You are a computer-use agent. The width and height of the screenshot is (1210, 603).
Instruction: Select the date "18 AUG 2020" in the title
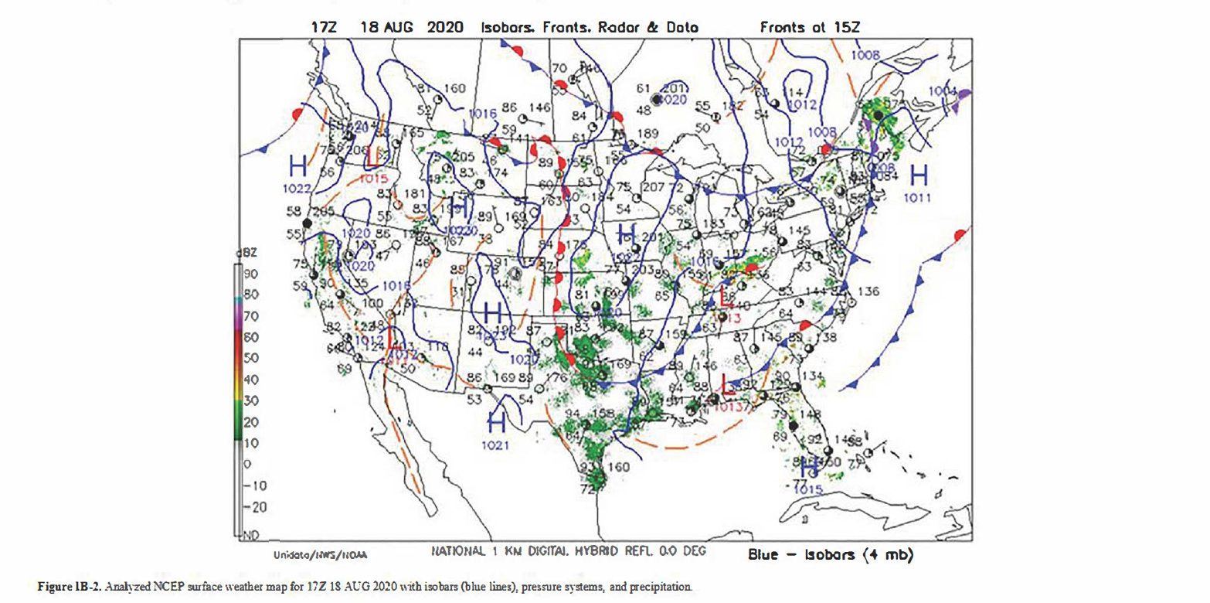412,28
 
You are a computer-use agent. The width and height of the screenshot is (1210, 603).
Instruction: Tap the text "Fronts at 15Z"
811,28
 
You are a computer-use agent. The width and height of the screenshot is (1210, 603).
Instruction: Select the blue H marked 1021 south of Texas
498,422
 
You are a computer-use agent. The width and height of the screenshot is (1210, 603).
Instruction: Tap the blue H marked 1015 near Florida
809,468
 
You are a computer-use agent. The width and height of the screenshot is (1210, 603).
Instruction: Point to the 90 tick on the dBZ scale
250,273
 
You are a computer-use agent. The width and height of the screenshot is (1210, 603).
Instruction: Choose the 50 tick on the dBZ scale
250,358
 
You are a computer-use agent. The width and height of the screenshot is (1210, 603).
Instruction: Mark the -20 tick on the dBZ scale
250,507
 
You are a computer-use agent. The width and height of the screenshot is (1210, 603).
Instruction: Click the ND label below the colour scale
250,534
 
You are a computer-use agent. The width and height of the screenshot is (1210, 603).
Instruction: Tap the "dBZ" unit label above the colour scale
249,253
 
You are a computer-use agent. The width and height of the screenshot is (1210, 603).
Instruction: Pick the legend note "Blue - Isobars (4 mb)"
831,555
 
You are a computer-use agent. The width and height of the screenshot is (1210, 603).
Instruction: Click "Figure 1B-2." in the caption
67,588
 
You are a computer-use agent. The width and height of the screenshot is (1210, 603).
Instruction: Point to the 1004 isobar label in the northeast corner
943,91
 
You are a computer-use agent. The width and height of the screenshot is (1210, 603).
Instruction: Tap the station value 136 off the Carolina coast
869,291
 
